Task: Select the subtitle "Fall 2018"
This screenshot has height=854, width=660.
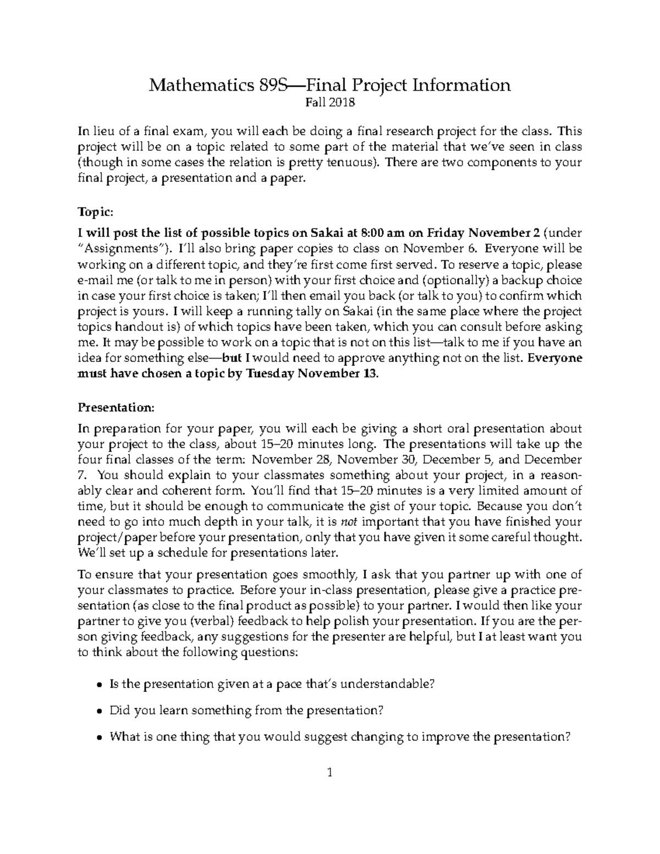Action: coord(330,102)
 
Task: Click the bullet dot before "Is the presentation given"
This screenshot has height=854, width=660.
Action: coord(98,685)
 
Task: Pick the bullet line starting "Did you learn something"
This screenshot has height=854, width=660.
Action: coord(246,710)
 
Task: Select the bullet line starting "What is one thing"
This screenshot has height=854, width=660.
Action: coord(340,737)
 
